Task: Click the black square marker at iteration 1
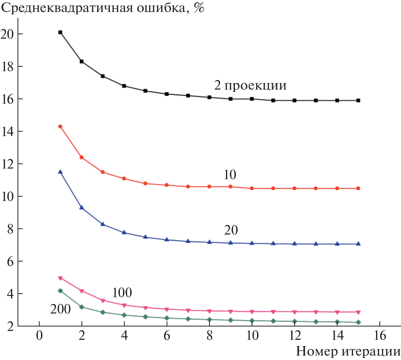[x=60, y=32]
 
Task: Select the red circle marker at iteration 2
[x=82, y=157]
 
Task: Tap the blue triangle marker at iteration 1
[x=60, y=172]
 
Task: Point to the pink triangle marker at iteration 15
[x=358, y=312]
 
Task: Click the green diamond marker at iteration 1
[x=61, y=291]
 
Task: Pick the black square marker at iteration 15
[x=358, y=101]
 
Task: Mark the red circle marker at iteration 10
[x=252, y=188]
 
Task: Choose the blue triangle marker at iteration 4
[x=124, y=232]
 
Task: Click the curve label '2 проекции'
[x=250, y=85]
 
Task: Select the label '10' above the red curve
[x=230, y=175]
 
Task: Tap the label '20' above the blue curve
[x=231, y=230]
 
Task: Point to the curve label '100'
[x=122, y=293]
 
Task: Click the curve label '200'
[x=61, y=309]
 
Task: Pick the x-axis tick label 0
[x=39, y=336]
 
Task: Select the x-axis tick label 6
[x=166, y=336]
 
